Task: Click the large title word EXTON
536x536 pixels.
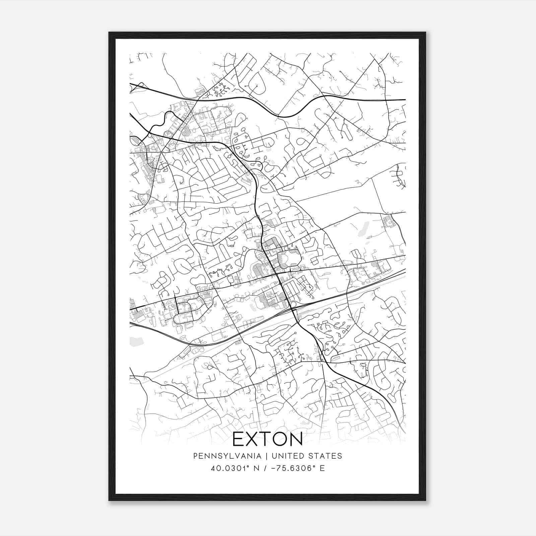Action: pos(267,439)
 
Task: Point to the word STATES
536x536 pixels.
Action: pos(327,456)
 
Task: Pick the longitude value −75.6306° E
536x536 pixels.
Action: pos(298,468)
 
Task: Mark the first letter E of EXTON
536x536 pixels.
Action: pos(239,439)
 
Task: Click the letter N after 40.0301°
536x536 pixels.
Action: pos(256,468)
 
